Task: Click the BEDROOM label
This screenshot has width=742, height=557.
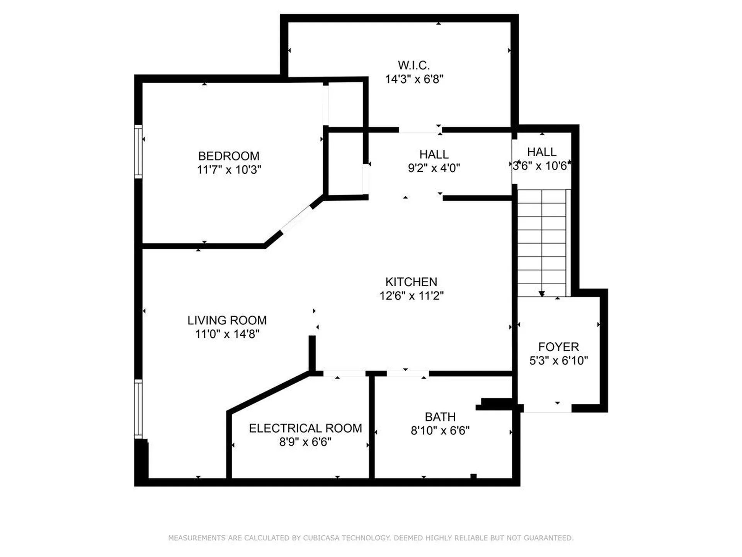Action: click(x=229, y=156)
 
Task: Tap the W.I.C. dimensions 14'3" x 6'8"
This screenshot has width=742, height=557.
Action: click(x=414, y=79)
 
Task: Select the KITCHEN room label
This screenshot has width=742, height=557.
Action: click(x=411, y=282)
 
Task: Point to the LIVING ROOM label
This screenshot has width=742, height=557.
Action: click(x=227, y=320)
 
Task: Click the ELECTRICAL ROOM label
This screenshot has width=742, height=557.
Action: click(x=305, y=428)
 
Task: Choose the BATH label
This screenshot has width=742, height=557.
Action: click(x=440, y=417)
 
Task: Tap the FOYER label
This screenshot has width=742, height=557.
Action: click(x=558, y=347)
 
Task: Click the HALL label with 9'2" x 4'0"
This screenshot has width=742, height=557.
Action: click(x=434, y=154)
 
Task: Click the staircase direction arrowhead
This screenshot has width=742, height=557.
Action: click(x=542, y=294)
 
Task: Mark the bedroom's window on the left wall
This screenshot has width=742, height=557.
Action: click(x=138, y=152)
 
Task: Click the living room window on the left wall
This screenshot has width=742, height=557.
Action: click(x=138, y=409)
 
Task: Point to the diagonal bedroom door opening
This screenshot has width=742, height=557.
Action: click(x=296, y=219)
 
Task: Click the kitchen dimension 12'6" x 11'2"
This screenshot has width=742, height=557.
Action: click(x=411, y=296)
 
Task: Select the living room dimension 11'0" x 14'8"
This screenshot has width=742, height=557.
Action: click(x=227, y=334)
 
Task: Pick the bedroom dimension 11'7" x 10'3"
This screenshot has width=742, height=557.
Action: click(x=229, y=169)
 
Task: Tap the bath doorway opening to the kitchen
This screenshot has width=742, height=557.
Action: click(x=408, y=373)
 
